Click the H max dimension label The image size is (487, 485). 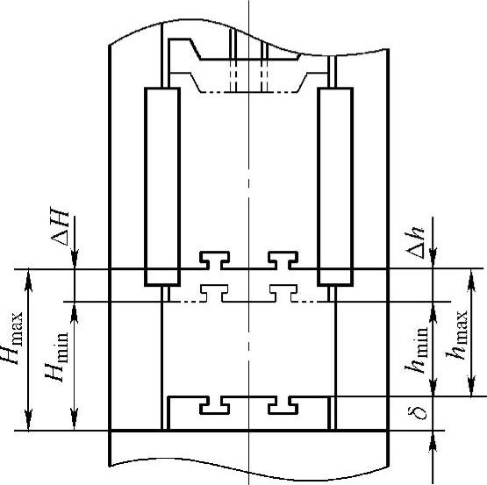11,338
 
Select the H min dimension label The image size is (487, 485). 56,357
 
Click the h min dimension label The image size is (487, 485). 416,350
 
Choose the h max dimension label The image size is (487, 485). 456,335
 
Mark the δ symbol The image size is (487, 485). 417,413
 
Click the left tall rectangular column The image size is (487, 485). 162,187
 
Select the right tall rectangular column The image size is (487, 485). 335,187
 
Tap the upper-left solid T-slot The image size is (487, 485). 214,260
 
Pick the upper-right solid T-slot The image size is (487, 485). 283,260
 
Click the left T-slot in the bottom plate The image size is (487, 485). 214,405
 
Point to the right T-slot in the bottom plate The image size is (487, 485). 283,405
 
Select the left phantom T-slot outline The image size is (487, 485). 214,293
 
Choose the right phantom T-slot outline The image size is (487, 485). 283,293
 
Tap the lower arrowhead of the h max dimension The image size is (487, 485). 471,386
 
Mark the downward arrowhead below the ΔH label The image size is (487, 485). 75,259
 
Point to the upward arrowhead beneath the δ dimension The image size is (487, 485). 433,441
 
